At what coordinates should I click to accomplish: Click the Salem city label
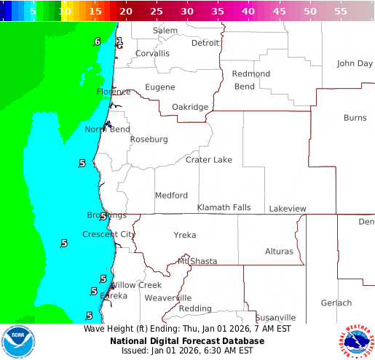coord(165,31)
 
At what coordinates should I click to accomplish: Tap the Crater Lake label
coord(209,160)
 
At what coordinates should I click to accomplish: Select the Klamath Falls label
coord(224,208)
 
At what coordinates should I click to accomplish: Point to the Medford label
coord(171,196)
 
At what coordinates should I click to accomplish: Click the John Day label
coord(355,64)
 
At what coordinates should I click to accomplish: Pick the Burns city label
coord(355,118)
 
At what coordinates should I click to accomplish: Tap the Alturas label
coord(279,252)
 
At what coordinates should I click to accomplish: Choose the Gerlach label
coord(336,303)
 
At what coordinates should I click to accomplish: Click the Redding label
coord(195,309)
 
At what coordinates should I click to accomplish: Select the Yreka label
coord(185,236)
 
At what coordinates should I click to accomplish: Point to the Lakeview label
coord(288,209)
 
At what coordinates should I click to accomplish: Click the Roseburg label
coord(149,140)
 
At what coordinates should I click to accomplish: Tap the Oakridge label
coord(189,108)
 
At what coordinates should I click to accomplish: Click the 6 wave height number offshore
coord(97,41)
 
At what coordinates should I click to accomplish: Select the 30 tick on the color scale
coord(187,12)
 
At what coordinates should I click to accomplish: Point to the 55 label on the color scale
coord(340,12)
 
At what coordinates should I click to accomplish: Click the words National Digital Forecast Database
coord(182,340)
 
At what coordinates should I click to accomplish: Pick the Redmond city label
coord(250,74)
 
